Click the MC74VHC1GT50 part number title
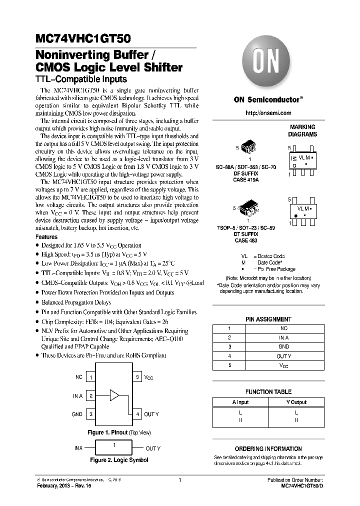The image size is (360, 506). pyautogui.click(x=83, y=36)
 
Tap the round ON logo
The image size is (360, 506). pyautogui.click(x=268, y=62)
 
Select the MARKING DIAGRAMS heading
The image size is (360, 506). pyautogui.click(x=302, y=131)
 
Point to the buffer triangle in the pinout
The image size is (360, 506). pyautogui.click(x=114, y=396)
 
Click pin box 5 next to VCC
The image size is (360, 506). pyautogui.click(x=137, y=377)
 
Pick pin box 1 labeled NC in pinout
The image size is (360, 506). pyautogui.click(x=91, y=377)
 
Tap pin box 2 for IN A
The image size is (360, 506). pyautogui.click(x=91, y=396)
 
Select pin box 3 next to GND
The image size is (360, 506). pyautogui.click(x=91, y=414)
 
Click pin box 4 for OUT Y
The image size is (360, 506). pyautogui.click(x=137, y=414)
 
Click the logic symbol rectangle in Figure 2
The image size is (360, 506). pyautogui.click(x=114, y=448)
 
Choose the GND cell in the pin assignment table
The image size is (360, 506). pyautogui.click(x=283, y=346)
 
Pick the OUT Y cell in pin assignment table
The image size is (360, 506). pyautogui.click(x=283, y=356)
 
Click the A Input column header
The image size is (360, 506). pyautogui.click(x=240, y=402)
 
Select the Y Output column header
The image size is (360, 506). pyautogui.click(x=296, y=402)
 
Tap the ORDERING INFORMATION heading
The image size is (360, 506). pyautogui.click(x=268, y=449)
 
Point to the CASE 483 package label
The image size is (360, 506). pyautogui.click(x=246, y=239)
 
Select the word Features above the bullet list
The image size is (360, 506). pyautogui.click(x=46, y=236)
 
